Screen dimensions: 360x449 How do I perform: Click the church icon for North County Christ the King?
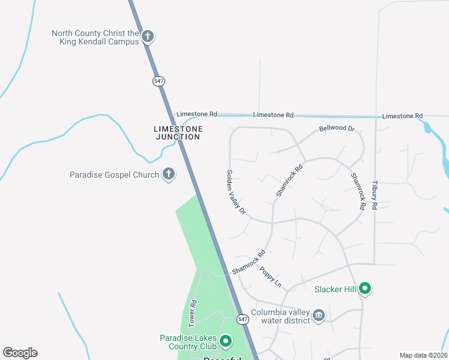point(148,37)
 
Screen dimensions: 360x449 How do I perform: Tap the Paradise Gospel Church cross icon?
point(169,175)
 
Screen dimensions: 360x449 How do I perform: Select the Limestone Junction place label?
point(178,133)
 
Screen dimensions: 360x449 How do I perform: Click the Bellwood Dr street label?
point(337,129)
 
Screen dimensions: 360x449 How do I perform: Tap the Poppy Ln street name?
point(270,276)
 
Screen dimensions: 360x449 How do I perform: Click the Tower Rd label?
point(193,313)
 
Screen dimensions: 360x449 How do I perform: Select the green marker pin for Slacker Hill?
point(365,289)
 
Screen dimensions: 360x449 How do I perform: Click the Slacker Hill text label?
point(336,289)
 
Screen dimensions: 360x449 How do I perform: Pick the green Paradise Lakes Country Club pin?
point(226,342)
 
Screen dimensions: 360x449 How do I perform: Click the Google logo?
point(20,353)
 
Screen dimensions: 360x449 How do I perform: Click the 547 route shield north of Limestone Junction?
point(158,81)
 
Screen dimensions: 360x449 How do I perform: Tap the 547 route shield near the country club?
point(242,319)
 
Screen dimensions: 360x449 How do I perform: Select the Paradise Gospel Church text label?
point(115,175)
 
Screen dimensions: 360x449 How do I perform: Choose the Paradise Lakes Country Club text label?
point(188,342)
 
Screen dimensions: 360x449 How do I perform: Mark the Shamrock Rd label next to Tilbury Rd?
point(358,191)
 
